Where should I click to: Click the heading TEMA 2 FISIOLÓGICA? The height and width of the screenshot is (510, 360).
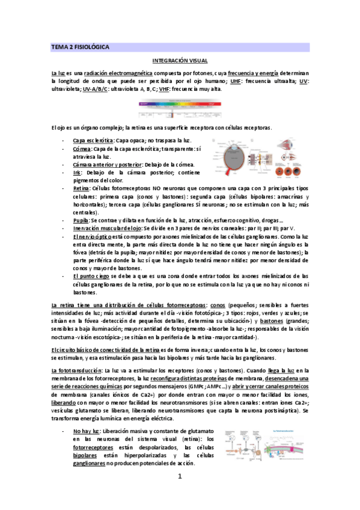click(x=80, y=46)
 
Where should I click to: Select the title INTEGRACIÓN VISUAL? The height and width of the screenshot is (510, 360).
click(x=180, y=61)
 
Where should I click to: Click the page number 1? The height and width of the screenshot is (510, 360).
click(x=180, y=494)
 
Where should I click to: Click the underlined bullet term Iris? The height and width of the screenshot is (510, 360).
click(x=77, y=172)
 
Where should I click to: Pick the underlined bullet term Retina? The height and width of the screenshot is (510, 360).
click(x=81, y=188)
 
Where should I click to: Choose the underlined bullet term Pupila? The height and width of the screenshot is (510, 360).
click(x=81, y=221)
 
